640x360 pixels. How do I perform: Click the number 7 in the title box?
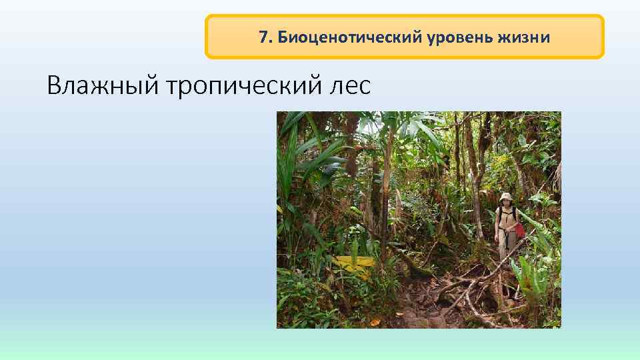[x=263, y=37]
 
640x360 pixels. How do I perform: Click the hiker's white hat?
[x=507, y=197]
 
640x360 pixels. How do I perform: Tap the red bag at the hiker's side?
[x=519, y=229]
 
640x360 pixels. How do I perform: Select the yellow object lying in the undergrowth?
[x=353, y=264]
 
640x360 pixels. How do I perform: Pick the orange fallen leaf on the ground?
[x=375, y=323]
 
